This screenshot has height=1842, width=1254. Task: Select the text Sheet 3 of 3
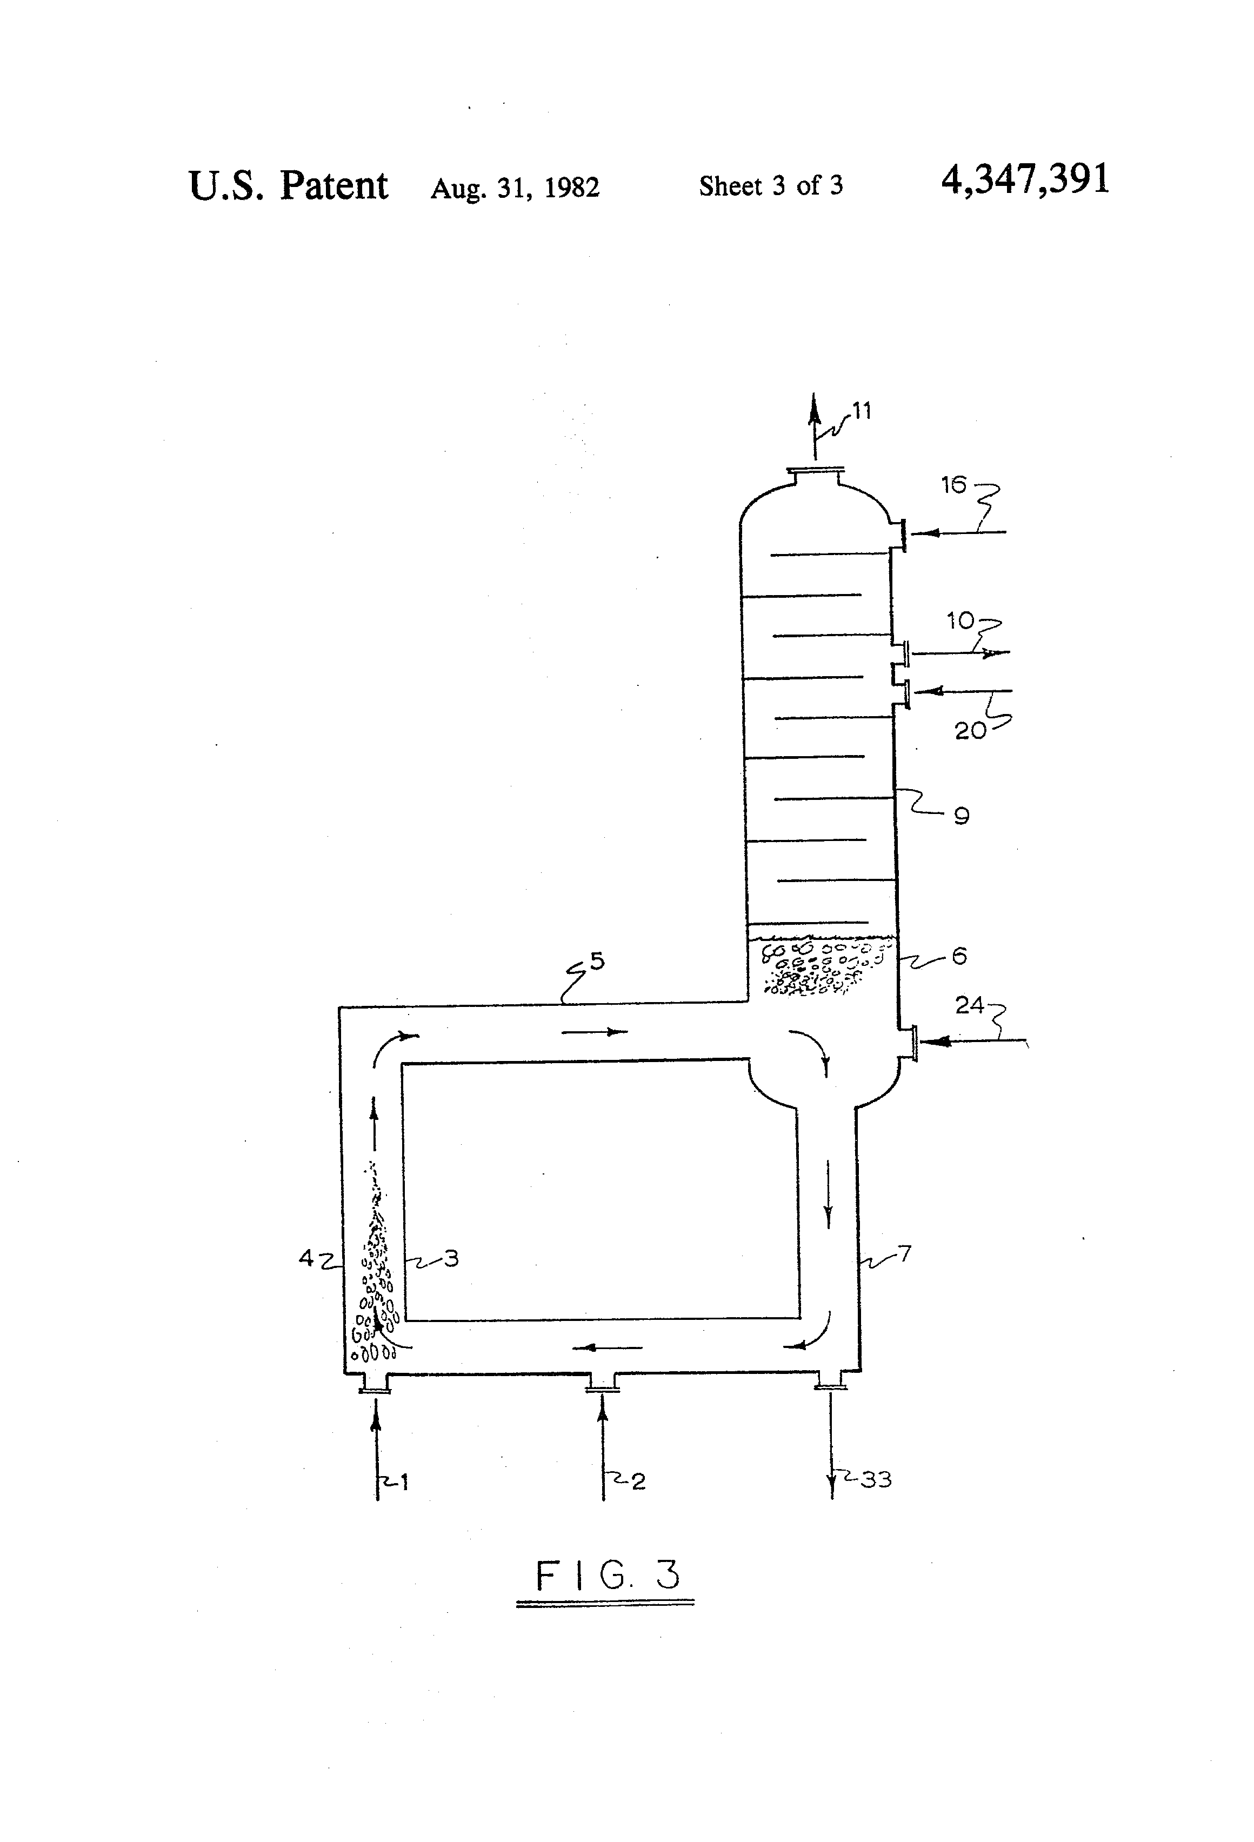[770, 185]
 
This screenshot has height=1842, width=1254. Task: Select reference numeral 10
[960, 620]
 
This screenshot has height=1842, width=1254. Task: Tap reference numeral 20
[970, 730]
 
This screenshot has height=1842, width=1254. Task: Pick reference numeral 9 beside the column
[962, 816]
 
